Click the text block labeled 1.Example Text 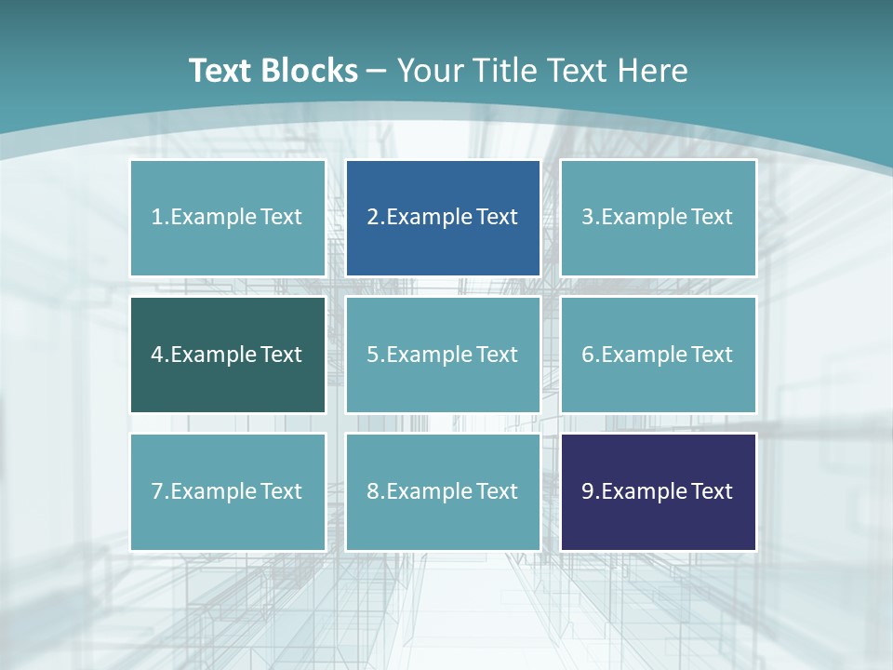tap(227, 218)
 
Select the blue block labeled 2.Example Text tap(443, 218)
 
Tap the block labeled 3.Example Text tap(658, 218)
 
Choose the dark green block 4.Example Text tap(227, 355)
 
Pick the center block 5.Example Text tap(443, 355)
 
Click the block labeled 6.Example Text tap(658, 355)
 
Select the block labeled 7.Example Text tap(227, 491)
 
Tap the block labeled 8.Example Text tap(443, 491)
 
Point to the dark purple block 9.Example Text tap(658, 491)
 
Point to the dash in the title tap(377, 71)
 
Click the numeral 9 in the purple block tap(588, 491)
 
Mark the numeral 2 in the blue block tap(372, 218)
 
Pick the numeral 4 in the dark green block tap(157, 355)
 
